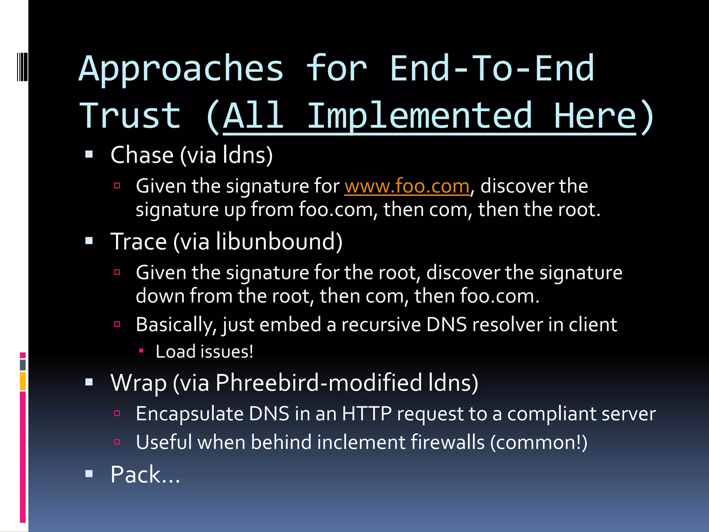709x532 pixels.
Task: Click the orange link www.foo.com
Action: click(x=407, y=186)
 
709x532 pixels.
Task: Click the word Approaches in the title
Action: click(x=181, y=69)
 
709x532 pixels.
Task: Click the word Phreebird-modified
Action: click(x=318, y=383)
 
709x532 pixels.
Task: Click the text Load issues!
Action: click(x=204, y=352)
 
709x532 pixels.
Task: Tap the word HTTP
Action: click(x=367, y=414)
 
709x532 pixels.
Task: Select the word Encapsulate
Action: click(x=190, y=414)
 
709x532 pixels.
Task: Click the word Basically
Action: click(x=176, y=325)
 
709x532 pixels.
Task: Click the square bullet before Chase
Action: click(x=89, y=154)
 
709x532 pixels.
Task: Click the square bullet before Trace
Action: click(x=89, y=241)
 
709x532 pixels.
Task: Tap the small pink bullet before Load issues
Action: click(x=141, y=351)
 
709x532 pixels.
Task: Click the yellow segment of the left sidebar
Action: click(x=23, y=381)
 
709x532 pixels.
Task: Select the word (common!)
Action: click(x=539, y=442)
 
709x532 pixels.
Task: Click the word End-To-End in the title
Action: click(x=492, y=69)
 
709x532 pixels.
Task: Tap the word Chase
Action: click(x=142, y=155)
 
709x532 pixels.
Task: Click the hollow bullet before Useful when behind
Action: click(x=117, y=442)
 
